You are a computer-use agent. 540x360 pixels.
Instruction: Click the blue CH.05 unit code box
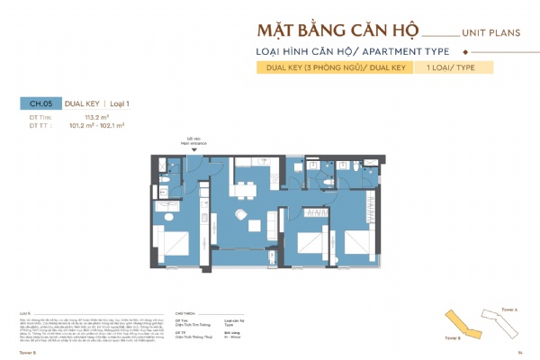coord(38,104)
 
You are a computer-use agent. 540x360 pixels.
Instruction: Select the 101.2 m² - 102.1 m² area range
coord(109,125)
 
